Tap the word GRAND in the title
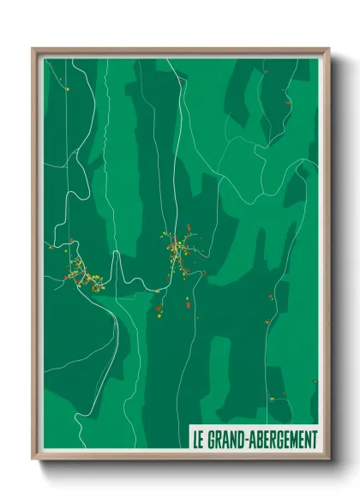225,439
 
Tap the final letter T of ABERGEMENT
313,439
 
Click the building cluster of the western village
80,273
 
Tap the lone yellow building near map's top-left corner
64,86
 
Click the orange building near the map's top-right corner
288,103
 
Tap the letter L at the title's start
194,439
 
